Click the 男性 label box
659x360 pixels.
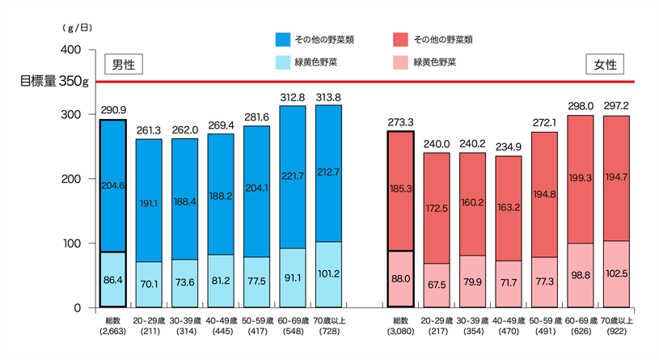point(123,64)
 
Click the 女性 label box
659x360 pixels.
point(605,64)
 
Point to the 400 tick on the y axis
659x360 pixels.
point(71,49)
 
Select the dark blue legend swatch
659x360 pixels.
point(283,38)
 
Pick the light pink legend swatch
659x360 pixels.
point(399,61)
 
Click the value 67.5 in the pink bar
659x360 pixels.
point(437,285)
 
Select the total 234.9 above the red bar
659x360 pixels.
point(508,146)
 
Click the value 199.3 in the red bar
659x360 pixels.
point(580,176)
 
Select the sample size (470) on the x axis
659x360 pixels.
point(508,331)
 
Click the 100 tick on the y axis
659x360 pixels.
point(71,244)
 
